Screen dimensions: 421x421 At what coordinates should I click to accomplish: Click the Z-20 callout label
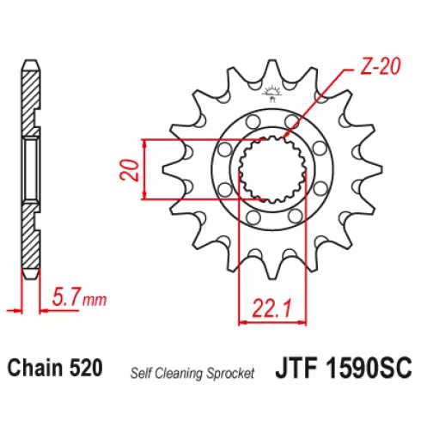(x=380, y=67)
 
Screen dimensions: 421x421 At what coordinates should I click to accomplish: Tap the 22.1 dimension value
(x=272, y=308)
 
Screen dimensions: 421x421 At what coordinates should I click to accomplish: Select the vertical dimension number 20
(x=130, y=170)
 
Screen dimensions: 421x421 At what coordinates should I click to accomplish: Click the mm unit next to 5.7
(x=95, y=300)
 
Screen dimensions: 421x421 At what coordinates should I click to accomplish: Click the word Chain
(x=35, y=368)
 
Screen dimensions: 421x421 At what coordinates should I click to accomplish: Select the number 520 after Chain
(x=86, y=368)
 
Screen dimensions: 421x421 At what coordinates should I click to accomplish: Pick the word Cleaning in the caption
(x=179, y=374)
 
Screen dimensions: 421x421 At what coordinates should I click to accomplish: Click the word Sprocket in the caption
(x=230, y=374)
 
